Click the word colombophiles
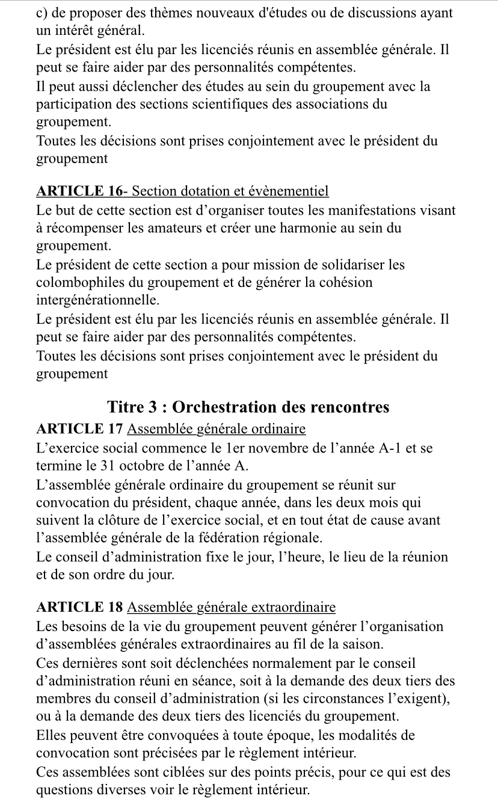pos(77,282)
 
